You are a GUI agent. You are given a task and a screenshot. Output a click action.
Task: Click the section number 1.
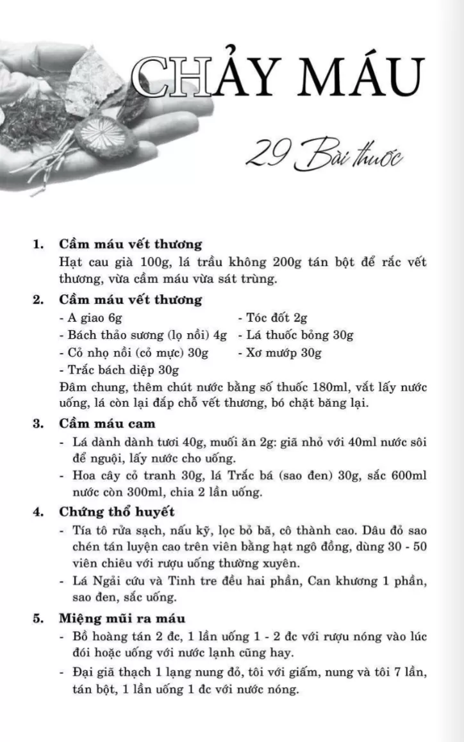[x=38, y=244]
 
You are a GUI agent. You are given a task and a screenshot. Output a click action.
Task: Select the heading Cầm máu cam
[x=107, y=424]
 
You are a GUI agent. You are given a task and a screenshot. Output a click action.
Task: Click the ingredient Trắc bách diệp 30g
[x=119, y=370]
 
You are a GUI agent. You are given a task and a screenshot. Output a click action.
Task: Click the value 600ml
[x=410, y=477]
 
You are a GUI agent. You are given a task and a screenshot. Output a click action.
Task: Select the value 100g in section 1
[x=142, y=263]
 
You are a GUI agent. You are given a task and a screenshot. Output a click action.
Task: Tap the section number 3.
[x=38, y=424]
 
